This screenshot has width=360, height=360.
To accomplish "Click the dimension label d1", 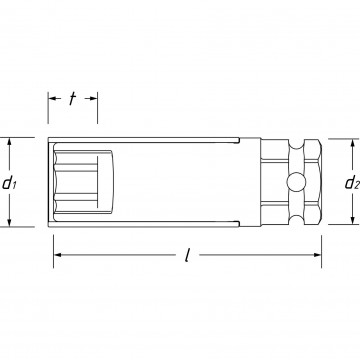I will (10, 182).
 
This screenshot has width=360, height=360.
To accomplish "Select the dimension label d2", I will (349, 182).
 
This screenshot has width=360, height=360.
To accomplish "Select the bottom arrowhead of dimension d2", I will (349, 214).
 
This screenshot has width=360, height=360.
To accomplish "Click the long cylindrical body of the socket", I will (190, 182).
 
